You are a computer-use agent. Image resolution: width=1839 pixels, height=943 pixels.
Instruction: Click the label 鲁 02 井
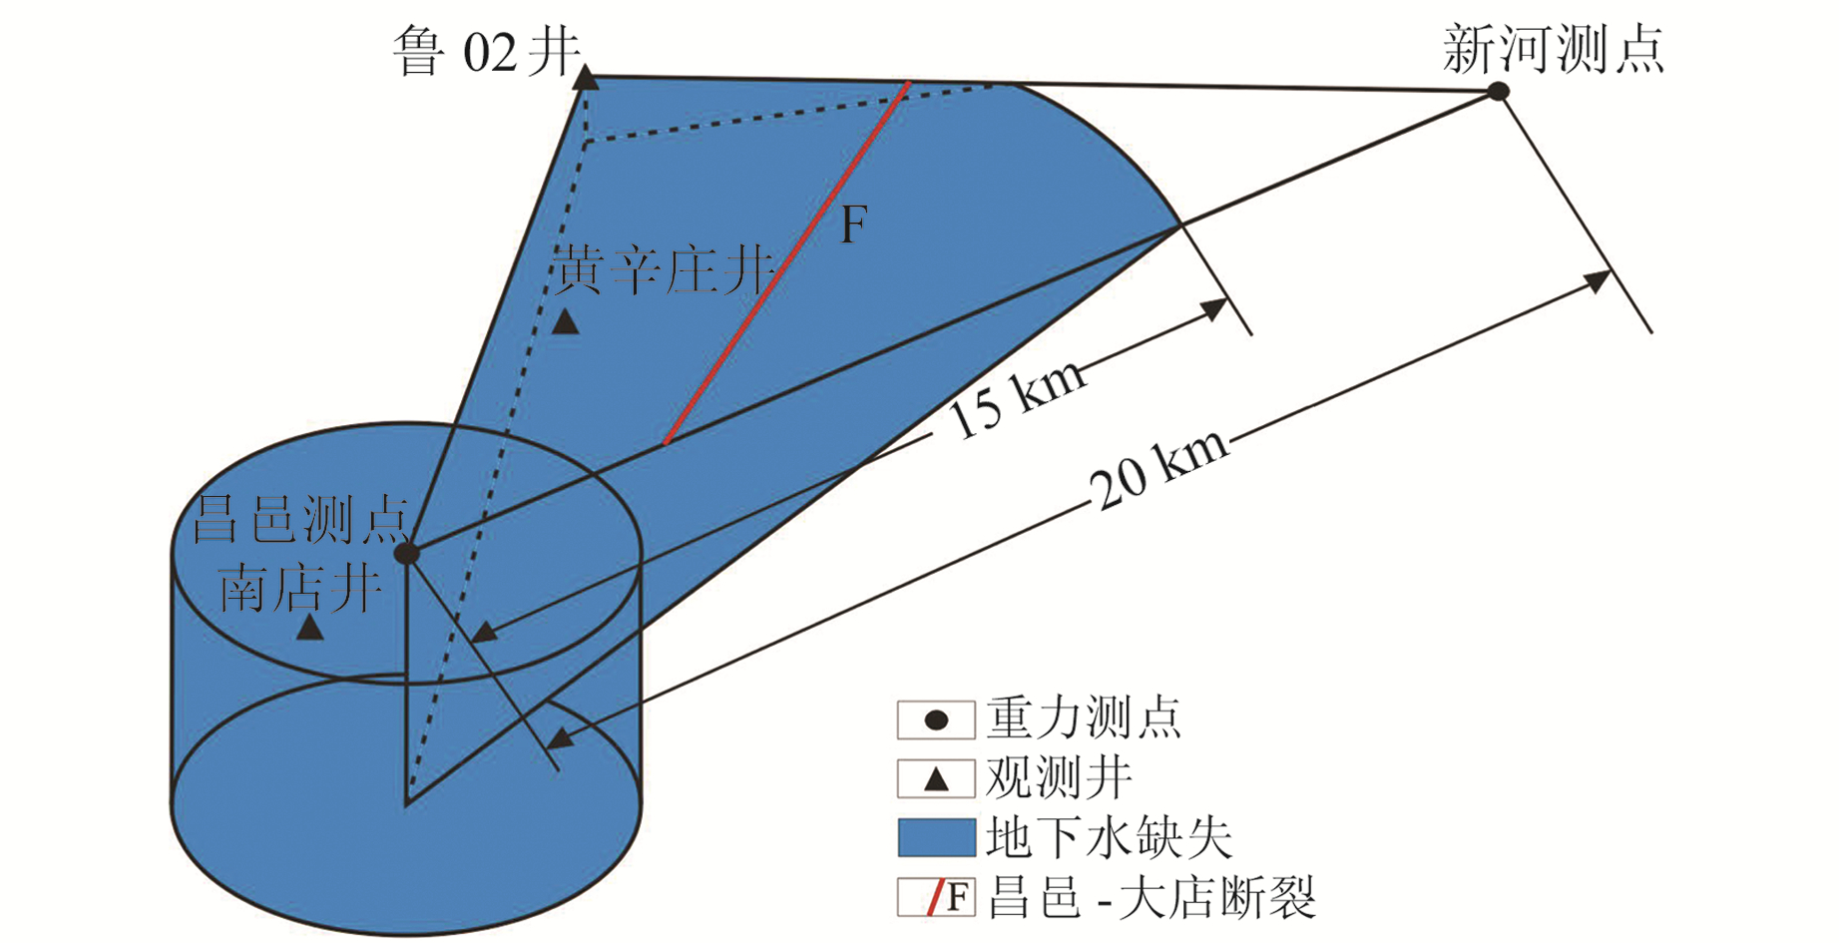(485, 52)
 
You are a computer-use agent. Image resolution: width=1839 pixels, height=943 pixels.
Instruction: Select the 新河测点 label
(1554, 49)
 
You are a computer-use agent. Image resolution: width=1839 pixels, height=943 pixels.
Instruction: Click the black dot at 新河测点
(1498, 92)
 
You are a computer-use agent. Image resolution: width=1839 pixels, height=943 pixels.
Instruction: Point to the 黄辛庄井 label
(665, 269)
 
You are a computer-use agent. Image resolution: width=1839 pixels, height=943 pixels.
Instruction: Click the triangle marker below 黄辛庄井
(566, 321)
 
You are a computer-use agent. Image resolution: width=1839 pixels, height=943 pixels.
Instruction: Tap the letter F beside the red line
(853, 225)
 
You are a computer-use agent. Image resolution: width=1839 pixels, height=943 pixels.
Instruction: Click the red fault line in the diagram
(786, 264)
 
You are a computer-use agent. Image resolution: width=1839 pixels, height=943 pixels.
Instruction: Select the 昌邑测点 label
(300, 519)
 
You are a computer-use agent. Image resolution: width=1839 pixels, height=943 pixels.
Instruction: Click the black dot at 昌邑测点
(406, 553)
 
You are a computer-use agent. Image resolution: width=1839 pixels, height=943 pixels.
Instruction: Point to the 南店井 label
(300, 588)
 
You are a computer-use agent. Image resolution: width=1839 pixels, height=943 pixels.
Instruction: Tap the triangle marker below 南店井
(309, 628)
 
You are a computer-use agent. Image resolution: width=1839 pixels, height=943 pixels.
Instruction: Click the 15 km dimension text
(1016, 399)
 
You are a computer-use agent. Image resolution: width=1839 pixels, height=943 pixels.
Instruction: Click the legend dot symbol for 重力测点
(936, 720)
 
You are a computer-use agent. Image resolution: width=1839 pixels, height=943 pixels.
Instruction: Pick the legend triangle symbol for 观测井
(936, 779)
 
